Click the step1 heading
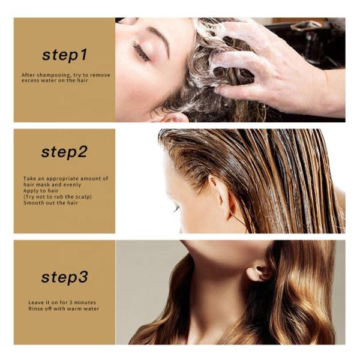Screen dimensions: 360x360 [x=65, y=55]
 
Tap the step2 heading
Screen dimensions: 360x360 [x=64, y=152]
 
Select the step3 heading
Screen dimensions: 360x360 [x=65, y=277]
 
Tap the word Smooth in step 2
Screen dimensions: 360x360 [x=31, y=203]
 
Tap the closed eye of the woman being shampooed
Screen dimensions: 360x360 [x=140, y=52]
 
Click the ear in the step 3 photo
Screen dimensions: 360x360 [x=259, y=273]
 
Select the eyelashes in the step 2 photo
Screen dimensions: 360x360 [x=176, y=209]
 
